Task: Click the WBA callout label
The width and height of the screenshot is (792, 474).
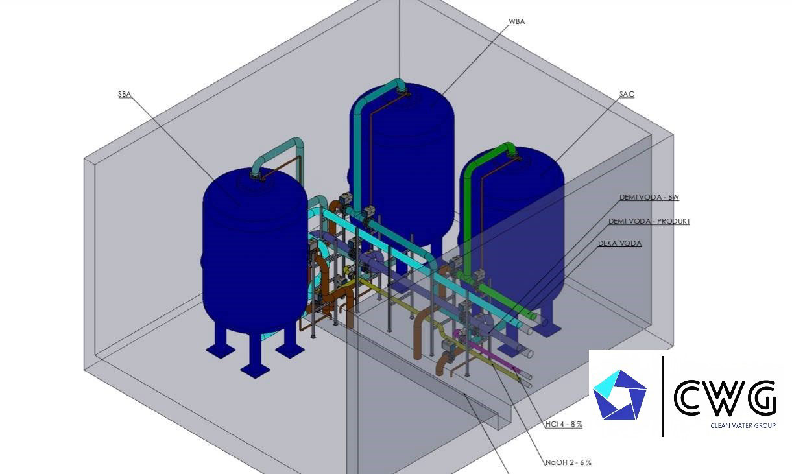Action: tap(516, 21)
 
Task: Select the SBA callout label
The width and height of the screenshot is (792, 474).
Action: tap(125, 95)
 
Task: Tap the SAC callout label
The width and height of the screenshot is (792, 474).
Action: tap(627, 95)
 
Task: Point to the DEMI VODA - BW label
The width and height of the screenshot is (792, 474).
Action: tap(649, 197)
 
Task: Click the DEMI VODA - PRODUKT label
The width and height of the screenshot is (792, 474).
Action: tap(649, 221)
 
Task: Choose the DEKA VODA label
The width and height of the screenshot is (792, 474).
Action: tap(619, 244)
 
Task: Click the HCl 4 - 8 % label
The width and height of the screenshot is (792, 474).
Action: tap(564, 424)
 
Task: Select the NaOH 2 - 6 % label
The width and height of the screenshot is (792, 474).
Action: tap(568, 462)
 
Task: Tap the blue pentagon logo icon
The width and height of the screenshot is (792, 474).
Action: tap(620, 394)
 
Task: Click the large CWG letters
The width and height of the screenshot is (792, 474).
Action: tap(725, 397)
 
